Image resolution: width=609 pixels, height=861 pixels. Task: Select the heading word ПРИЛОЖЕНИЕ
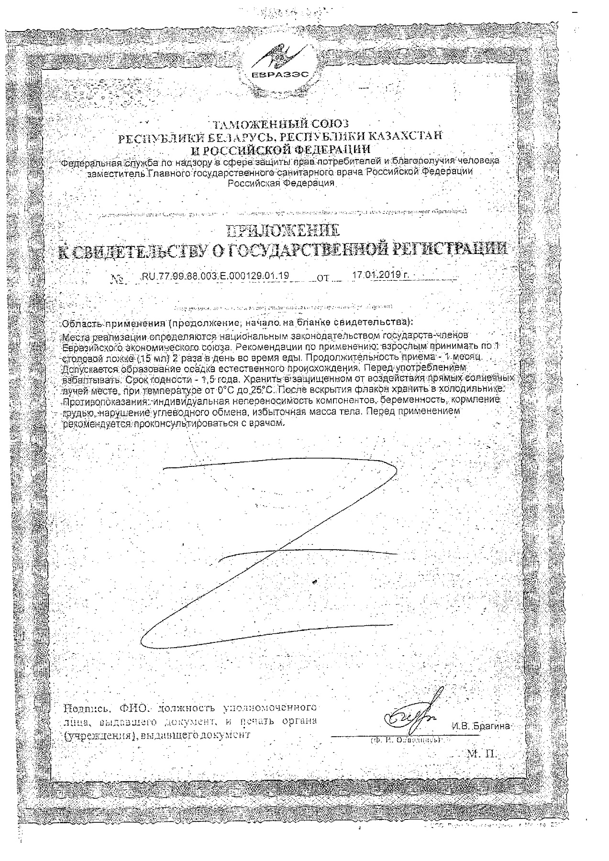click(282, 232)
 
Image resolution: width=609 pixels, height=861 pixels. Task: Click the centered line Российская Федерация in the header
click(280, 183)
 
